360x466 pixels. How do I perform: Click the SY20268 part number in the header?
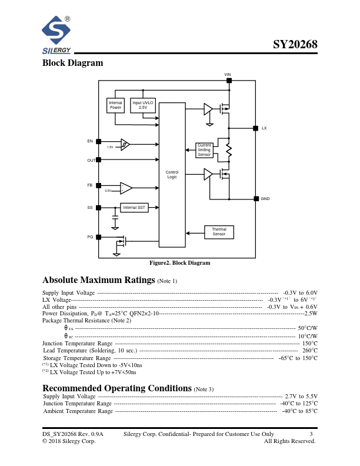(295, 45)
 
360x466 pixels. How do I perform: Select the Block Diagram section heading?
(72, 63)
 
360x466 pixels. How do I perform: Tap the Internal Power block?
(115, 105)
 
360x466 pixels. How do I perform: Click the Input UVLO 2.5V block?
(142, 105)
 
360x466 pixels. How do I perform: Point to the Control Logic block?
(172, 174)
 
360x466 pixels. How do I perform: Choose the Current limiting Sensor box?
(204, 150)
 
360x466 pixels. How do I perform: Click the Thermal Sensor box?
(219, 232)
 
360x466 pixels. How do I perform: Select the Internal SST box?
(134, 207)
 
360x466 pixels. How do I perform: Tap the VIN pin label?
(228, 75)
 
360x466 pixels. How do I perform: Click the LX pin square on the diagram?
(255, 128)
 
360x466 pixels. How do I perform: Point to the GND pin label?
(265, 199)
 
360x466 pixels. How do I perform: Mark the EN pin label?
(90, 141)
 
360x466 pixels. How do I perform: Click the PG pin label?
(90, 237)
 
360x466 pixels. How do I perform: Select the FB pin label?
(90, 185)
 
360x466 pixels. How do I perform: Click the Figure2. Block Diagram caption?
(179, 263)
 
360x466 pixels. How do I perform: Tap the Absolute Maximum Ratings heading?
(98, 279)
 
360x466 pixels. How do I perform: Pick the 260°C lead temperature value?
(309, 350)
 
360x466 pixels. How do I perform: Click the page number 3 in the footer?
(311, 434)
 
